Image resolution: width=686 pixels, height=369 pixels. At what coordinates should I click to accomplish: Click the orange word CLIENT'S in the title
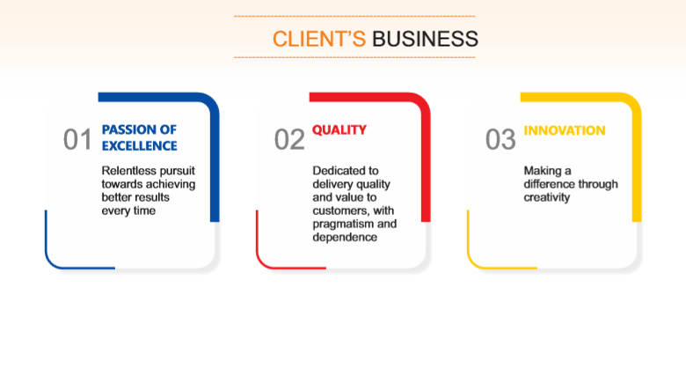(319, 39)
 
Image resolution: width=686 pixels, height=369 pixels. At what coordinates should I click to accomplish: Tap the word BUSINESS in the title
(425, 39)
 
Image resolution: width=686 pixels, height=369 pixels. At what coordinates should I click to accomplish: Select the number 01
(77, 140)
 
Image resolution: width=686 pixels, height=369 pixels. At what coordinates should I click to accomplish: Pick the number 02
(289, 140)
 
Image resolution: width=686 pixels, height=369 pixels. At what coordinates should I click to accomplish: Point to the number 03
(500, 140)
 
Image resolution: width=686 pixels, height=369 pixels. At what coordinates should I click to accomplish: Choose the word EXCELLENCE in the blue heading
(140, 146)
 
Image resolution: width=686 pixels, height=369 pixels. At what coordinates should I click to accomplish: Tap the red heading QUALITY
(339, 129)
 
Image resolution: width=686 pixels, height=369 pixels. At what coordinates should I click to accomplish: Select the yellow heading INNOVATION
(565, 130)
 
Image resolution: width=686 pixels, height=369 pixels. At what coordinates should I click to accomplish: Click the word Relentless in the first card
(123, 171)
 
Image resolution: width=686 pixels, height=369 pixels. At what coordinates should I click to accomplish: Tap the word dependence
(345, 237)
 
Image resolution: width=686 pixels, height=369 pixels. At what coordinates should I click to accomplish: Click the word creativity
(547, 197)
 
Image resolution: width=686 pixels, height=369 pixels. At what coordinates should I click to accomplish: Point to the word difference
(549, 184)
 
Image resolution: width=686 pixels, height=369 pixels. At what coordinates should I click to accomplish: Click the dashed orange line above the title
(354, 16)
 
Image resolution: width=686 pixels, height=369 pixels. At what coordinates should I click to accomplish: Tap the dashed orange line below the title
(354, 57)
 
